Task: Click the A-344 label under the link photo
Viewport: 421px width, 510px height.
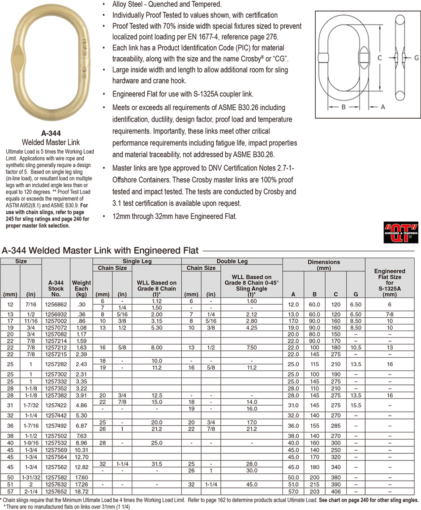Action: tap(51, 133)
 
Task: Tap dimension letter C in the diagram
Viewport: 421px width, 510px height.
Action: tap(379, 57)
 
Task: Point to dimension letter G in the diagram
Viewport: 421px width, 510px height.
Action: tap(416, 57)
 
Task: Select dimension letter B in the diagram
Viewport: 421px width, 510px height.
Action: tap(343, 107)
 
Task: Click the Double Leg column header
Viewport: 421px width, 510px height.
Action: tap(232, 261)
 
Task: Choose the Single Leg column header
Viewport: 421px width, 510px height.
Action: tap(137, 261)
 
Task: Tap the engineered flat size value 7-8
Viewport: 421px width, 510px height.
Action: tap(389, 315)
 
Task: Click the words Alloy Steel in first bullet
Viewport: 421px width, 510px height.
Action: tap(128, 4)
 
